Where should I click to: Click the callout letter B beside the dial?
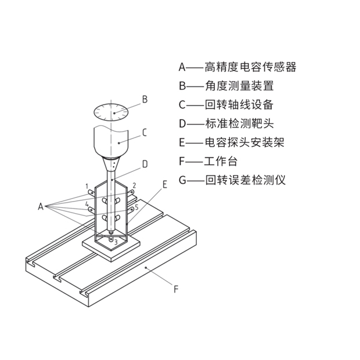[145, 99]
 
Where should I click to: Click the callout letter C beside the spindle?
[145, 133]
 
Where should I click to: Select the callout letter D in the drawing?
[145, 164]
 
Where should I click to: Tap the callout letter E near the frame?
[165, 185]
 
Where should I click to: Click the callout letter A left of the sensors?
[41, 206]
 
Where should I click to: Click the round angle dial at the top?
[111, 111]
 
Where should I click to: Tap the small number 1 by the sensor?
[87, 186]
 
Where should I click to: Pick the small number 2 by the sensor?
[134, 185]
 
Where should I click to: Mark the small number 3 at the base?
[116, 242]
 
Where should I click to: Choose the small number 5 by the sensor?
[136, 207]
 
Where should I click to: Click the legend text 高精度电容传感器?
[250, 67]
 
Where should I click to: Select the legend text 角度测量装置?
[239, 86]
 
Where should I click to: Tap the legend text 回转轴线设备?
[239, 105]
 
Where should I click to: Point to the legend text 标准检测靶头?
[239, 124]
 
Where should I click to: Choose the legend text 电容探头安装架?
[244, 142]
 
